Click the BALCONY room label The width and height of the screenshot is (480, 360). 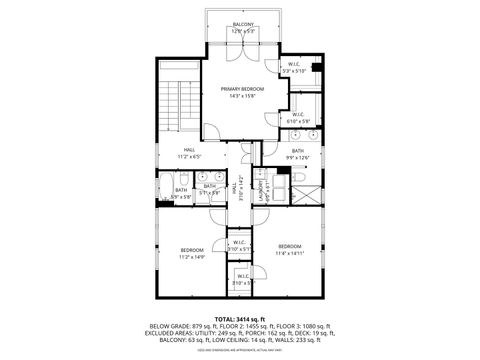pyautogui.click(x=243, y=24)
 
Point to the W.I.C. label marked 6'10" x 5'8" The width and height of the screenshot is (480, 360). pyautogui.click(x=299, y=116)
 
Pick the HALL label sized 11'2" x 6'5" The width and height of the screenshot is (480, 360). pyautogui.click(x=189, y=153)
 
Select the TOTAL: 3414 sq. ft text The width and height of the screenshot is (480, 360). pyautogui.click(x=240, y=317)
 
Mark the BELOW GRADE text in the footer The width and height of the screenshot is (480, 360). pyautogui.click(x=168, y=326)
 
